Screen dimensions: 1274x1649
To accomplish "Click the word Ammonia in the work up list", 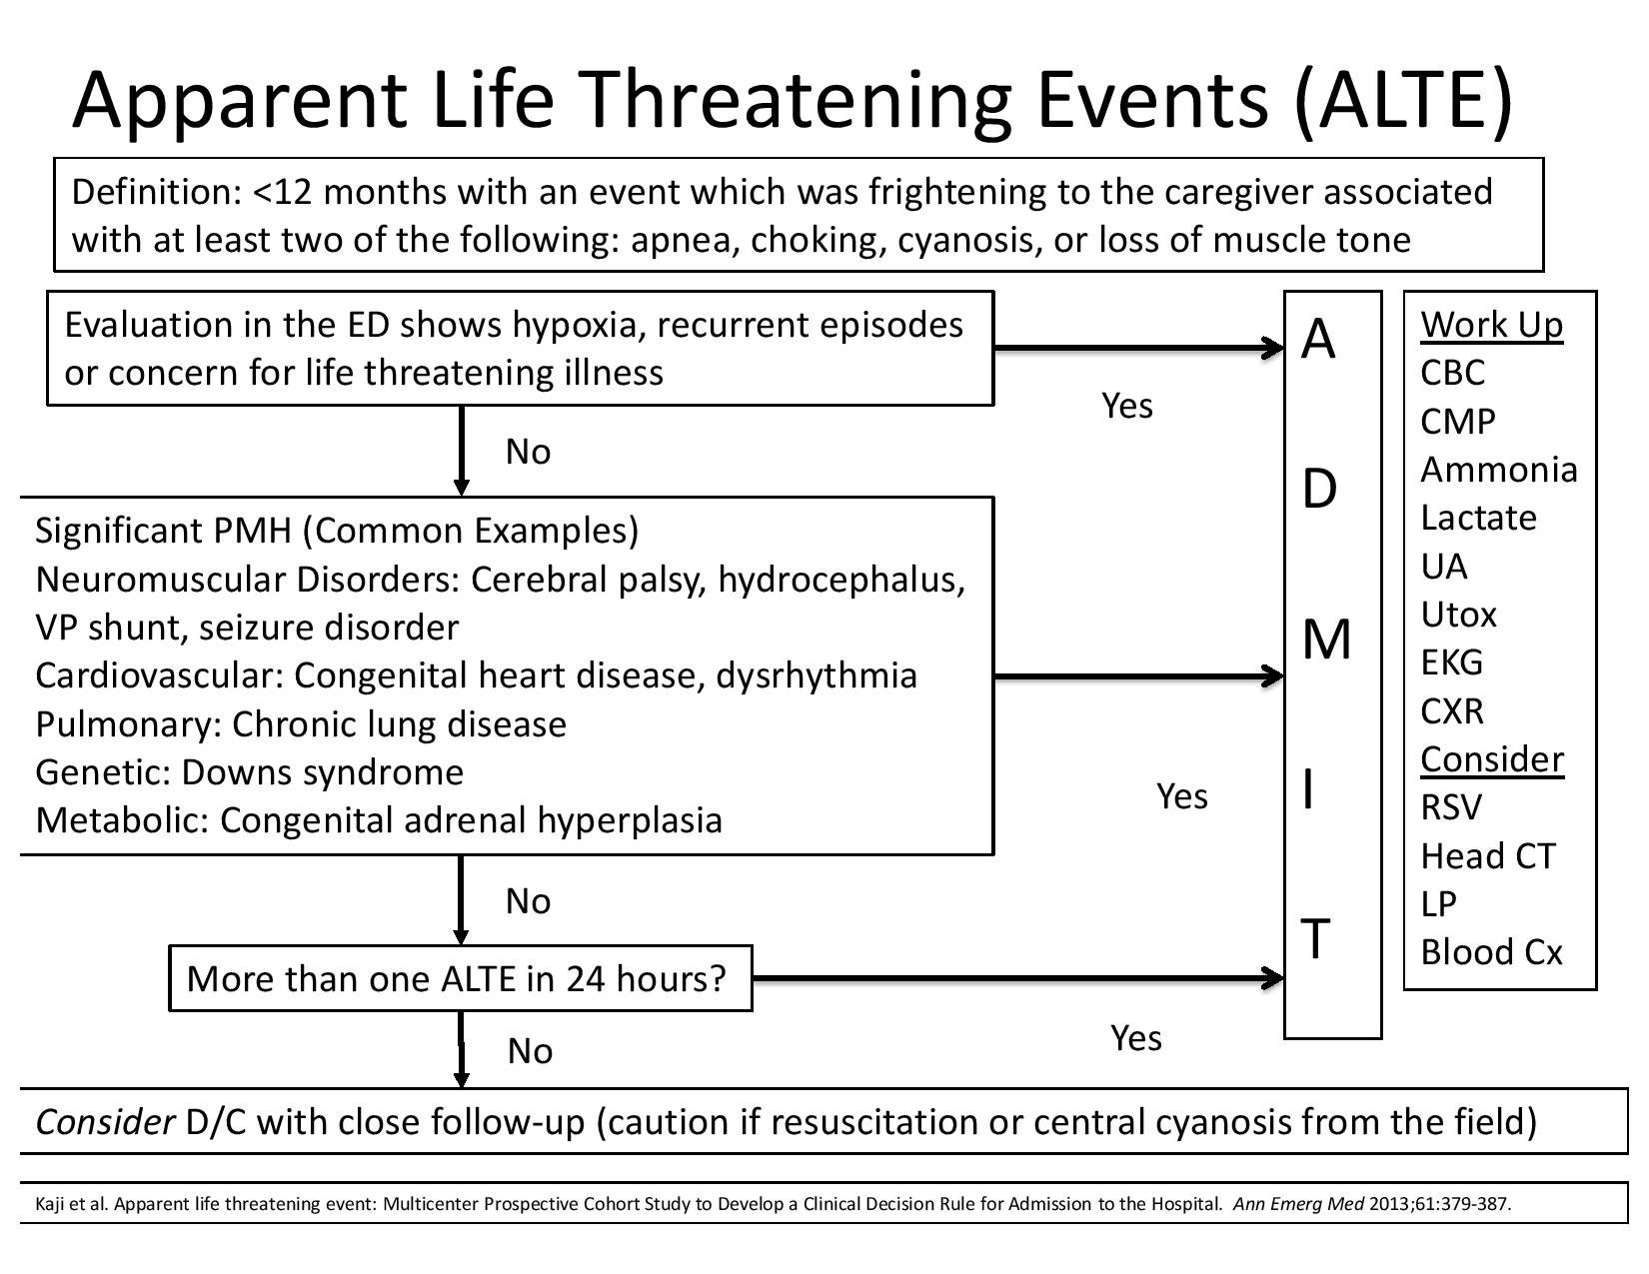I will click(1498, 470).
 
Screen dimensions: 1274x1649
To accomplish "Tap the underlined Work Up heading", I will click(1491, 325).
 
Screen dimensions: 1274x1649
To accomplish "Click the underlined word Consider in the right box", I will click(1491, 759).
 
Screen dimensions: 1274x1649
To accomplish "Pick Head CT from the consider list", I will click(1488, 856).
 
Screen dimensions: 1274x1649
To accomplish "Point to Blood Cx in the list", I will click(1490, 952).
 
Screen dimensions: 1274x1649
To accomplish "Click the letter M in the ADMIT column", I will click(1326, 639).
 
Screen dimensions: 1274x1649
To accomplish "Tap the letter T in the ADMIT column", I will click(1317, 939).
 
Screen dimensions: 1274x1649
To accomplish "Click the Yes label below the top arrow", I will click(1126, 406).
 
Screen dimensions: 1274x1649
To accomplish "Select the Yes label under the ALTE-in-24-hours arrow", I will click(1135, 1038).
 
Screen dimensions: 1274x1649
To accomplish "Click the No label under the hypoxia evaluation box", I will click(528, 452).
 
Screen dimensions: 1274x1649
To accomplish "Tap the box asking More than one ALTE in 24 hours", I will click(460, 978).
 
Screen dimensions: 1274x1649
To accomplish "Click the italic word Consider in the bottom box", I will click(105, 1122).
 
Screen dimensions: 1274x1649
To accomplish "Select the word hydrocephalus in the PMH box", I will click(840, 580).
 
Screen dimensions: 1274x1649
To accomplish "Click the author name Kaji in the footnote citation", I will click(49, 1203).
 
